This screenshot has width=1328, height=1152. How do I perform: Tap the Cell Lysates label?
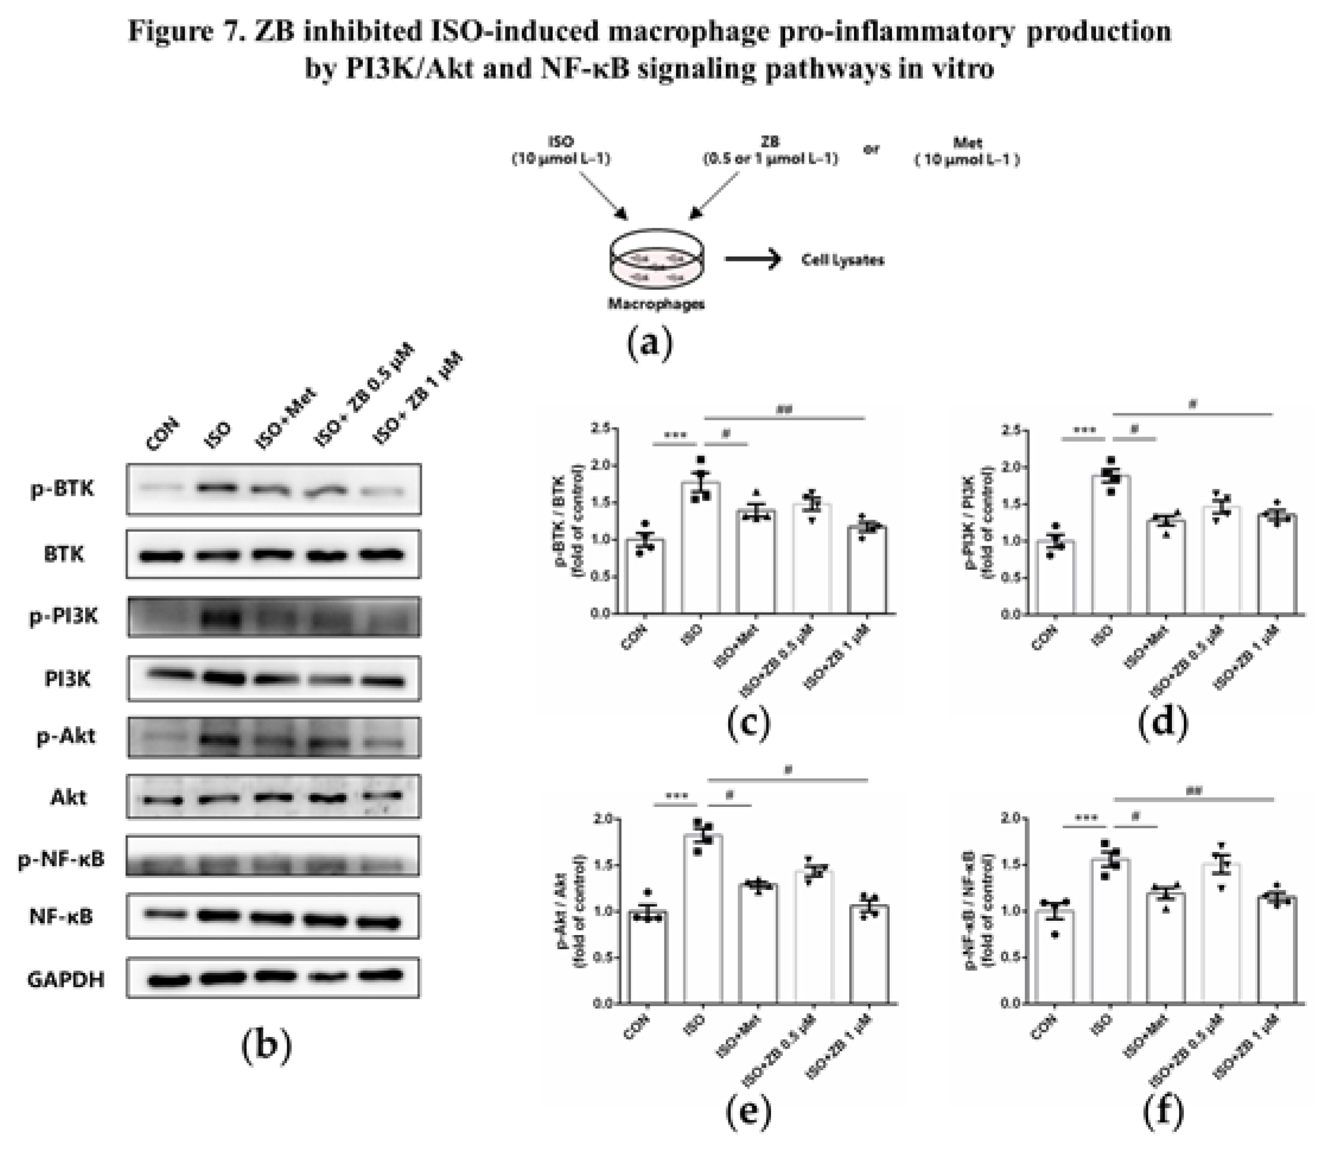click(842, 260)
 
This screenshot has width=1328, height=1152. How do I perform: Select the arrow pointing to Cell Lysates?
click(753, 259)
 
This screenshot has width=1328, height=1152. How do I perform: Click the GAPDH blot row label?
click(66, 979)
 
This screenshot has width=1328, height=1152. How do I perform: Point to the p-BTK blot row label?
click(62, 489)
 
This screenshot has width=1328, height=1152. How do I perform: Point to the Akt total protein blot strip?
click(273, 796)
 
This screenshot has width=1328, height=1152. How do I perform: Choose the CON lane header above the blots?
click(162, 435)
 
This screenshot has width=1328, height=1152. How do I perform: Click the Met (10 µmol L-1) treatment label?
click(967, 151)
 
